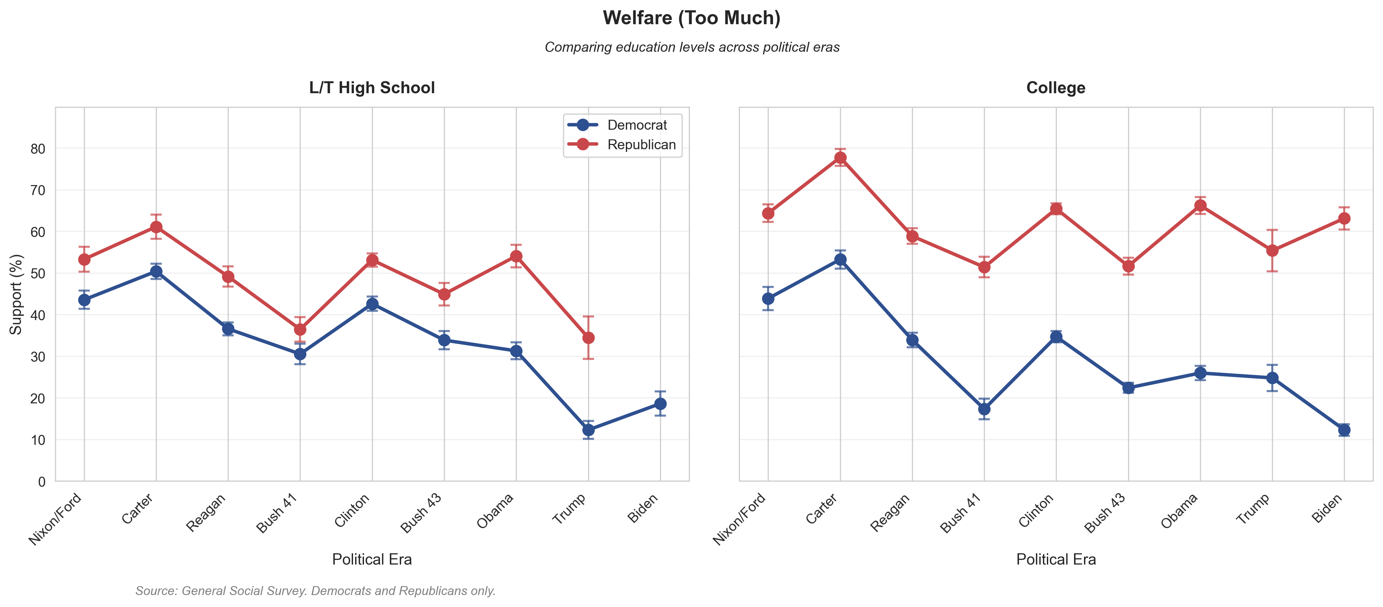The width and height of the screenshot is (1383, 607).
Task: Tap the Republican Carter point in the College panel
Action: point(840,158)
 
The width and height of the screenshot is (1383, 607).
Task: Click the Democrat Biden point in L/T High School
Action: point(660,404)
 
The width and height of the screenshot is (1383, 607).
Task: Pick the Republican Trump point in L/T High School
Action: point(588,338)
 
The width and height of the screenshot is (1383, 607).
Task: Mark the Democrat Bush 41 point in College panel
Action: point(984,409)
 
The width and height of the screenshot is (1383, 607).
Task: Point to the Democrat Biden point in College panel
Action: point(1344,430)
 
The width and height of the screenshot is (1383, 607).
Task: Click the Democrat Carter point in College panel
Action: point(840,260)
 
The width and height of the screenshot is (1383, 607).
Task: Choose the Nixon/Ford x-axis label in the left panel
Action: point(55,519)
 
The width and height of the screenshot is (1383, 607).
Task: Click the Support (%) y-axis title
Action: point(16,294)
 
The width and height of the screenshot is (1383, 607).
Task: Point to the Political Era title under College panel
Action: point(1055,560)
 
